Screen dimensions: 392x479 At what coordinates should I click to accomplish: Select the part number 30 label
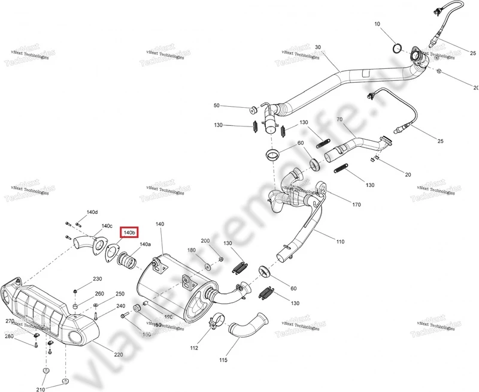[x=318, y=47]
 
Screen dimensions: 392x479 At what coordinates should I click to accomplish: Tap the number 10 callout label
[x=377, y=24]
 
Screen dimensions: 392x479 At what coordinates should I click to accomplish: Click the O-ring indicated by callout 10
[x=396, y=47]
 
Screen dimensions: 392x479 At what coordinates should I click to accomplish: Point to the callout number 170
[x=356, y=204]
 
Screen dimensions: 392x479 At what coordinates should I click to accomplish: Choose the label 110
[x=340, y=242]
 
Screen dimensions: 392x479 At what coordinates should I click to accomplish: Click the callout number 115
[x=223, y=360]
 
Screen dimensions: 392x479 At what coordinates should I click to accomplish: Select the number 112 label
[x=194, y=347]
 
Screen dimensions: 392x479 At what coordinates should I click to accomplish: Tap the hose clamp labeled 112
[x=214, y=324]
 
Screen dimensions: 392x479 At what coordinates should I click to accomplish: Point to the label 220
[x=119, y=355]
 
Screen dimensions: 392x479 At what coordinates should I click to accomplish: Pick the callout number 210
[x=40, y=390]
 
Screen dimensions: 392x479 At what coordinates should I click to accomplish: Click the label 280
[x=9, y=336]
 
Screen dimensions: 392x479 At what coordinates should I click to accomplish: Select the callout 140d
[x=92, y=213]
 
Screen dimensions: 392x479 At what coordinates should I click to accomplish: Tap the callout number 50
[x=217, y=105]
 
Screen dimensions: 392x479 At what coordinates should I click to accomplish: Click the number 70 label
[x=339, y=120]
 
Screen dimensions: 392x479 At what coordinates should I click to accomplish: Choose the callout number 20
[x=408, y=174]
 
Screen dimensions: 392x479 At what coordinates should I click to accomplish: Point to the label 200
[x=205, y=240]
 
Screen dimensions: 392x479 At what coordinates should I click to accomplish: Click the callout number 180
[x=192, y=250]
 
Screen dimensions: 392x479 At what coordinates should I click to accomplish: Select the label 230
[x=97, y=279]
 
